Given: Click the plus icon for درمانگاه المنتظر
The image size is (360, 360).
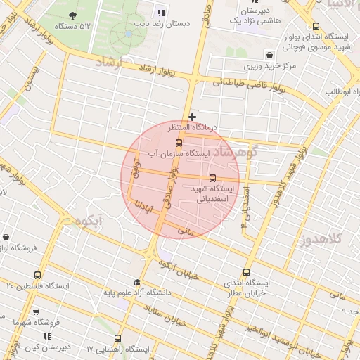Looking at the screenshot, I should point(192,116).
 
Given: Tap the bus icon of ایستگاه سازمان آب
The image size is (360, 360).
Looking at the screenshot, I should point(178,143).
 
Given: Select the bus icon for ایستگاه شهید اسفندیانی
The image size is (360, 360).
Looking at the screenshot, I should point(212,177).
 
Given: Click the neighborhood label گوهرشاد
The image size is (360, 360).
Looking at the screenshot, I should point(236,152).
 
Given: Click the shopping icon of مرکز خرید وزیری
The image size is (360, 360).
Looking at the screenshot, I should point(269,55).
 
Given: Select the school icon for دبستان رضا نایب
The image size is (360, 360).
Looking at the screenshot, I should point(161,12).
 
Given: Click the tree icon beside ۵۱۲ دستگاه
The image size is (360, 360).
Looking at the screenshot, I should point(74,15).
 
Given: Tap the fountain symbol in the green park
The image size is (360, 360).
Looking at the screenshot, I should point(128,32).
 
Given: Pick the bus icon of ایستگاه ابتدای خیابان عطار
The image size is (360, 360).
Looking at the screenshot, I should point(246,271).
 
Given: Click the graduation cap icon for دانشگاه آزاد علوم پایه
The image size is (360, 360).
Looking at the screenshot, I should point(137,282).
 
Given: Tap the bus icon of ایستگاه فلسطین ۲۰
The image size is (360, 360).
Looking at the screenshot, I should point(37,275).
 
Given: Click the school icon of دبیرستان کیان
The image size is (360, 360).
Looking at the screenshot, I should point(47,337).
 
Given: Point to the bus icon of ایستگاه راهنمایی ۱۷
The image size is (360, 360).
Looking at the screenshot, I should point(117,337).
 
